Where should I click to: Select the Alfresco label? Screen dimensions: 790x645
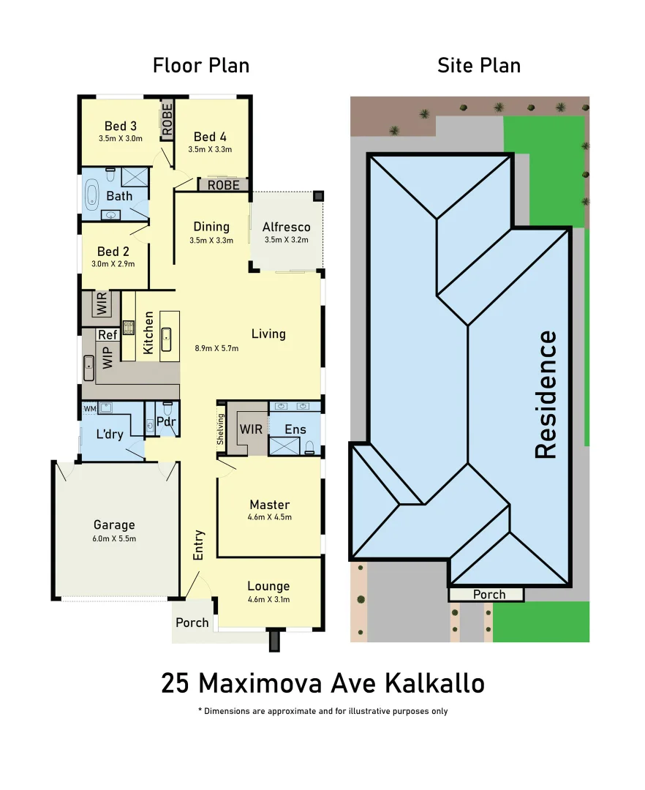(286, 227)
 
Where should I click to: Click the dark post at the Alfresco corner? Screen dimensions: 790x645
(318, 196)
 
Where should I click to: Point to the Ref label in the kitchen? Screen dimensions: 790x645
(107, 335)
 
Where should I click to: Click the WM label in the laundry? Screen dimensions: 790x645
(89, 408)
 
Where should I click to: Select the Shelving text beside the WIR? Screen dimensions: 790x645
(220, 429)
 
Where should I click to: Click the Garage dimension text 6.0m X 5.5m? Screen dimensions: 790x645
(114, 538)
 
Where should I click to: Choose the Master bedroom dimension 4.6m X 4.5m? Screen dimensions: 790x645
(269, 517)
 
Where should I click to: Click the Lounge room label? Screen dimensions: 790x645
(268, 586)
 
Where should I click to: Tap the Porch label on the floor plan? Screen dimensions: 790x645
(192, 622)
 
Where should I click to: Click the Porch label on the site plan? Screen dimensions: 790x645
(489, 594)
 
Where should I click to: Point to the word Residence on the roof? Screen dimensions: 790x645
(546, 395)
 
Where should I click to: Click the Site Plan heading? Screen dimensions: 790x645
(479, 65)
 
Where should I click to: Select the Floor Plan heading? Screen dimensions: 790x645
(201, 65)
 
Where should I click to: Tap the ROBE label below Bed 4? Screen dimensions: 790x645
(223, 186)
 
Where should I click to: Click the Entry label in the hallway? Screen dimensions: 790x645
(198, 545)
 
